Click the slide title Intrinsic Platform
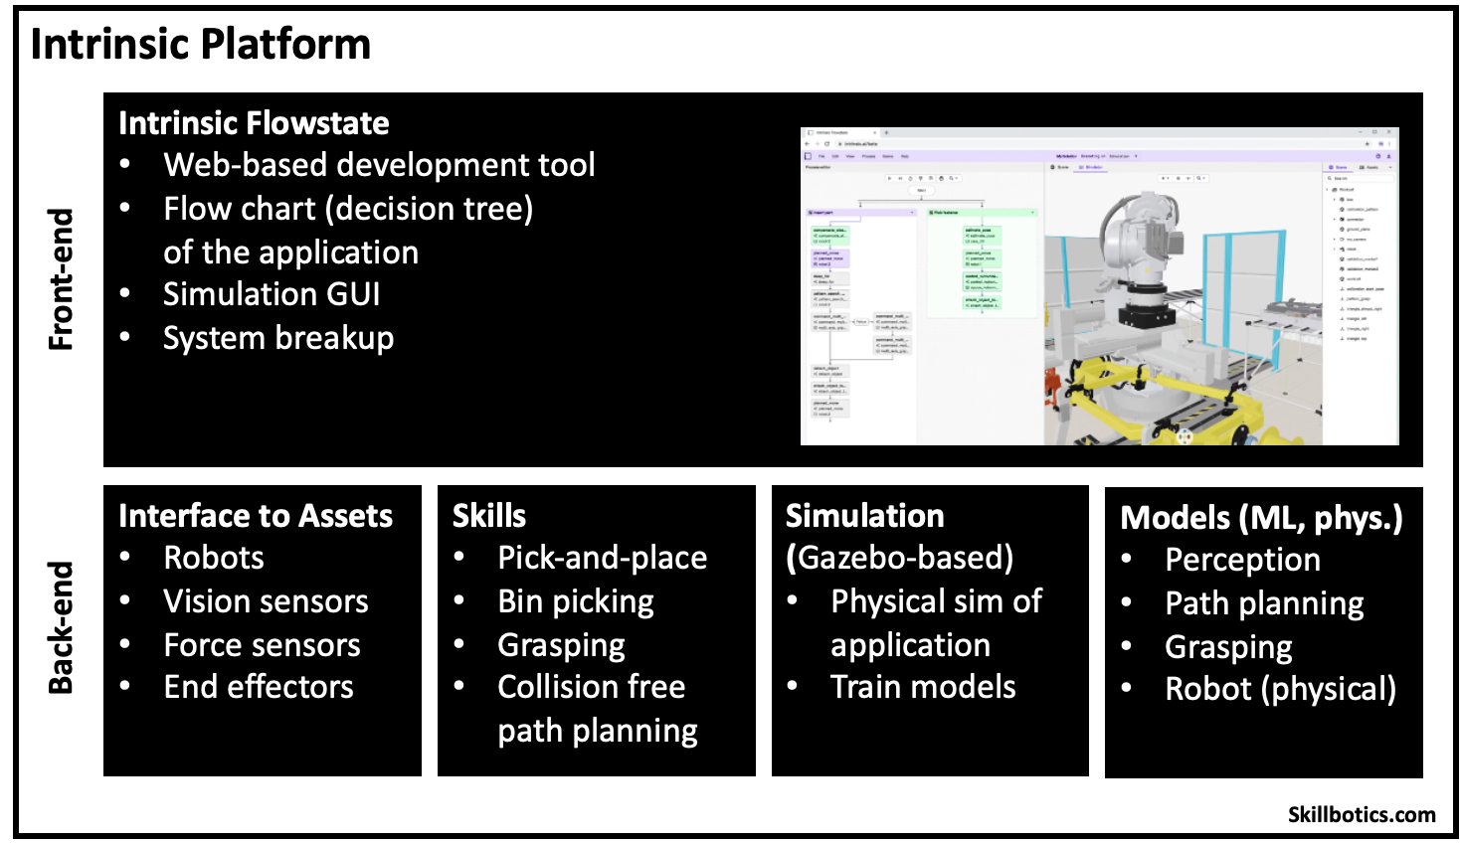pos(200,45)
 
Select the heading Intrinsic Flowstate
pos(254,123)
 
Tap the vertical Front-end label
pos(62,279)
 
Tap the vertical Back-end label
pos(62,627)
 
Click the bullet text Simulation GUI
pos(272,294)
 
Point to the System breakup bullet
pos(278,338)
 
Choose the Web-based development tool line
pos(379,165)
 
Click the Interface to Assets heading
pos(256,516)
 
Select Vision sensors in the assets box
pos(266,601)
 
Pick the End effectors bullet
pos(259,687)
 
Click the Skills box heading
pos(489,516)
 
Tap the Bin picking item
pos(576,601)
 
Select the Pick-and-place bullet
pos(602,558)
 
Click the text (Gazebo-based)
pos(899,558)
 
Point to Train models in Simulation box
pos(923,687)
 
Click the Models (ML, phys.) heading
pos(1261,518)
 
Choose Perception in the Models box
pos(1242,560)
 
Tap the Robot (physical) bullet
pos(1280,689)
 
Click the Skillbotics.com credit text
pos(1362,814)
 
